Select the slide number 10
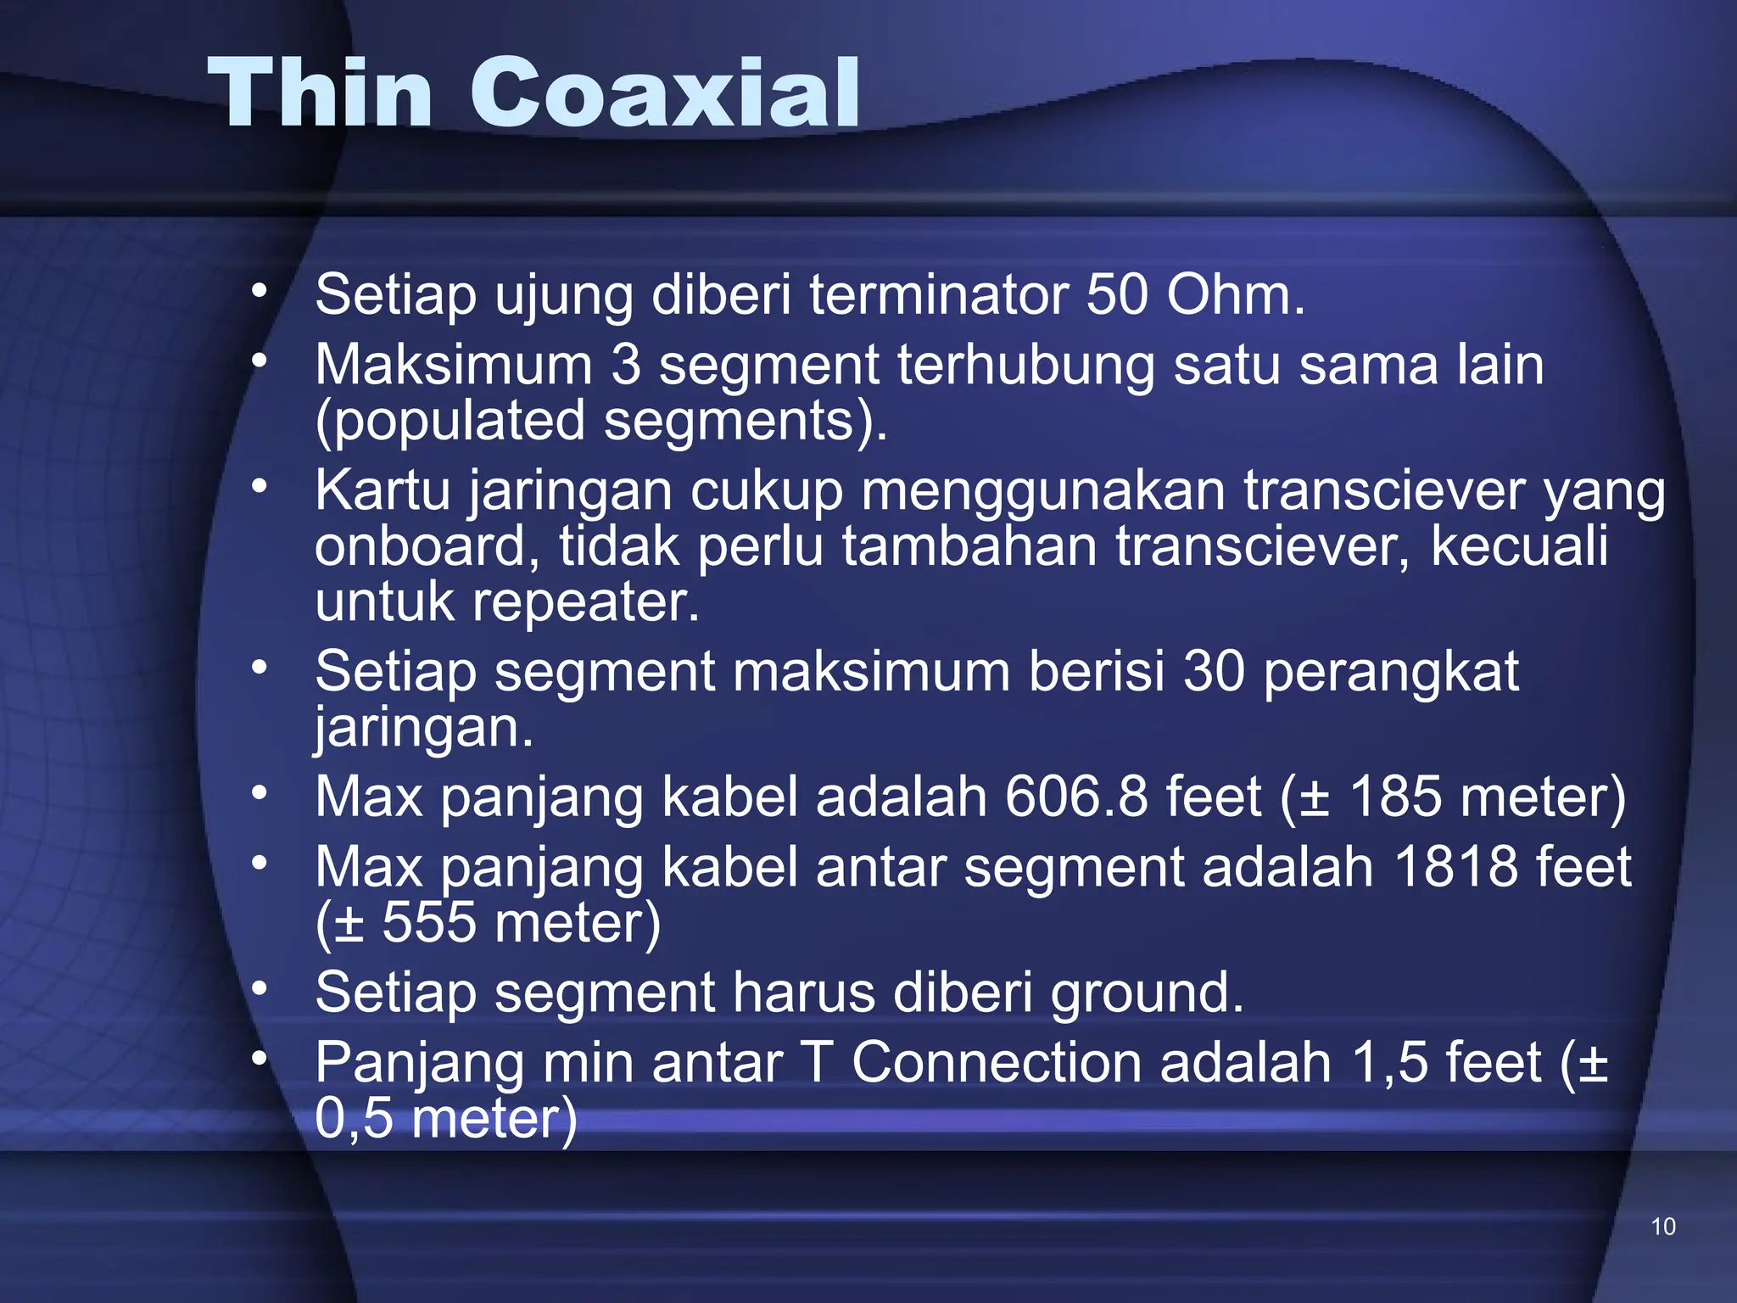pos(1663,1227)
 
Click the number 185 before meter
pos(1394,797)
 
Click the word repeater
pos(585,602)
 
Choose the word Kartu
pos(383,491)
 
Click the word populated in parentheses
pos(458,422)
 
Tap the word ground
pos(1146,993)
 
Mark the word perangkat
pos(1391,672)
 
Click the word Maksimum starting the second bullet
pos(454,366)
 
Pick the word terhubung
pos(1026,366)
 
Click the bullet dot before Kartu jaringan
pos(260,486)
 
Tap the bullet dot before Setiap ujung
pos(260,291)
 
